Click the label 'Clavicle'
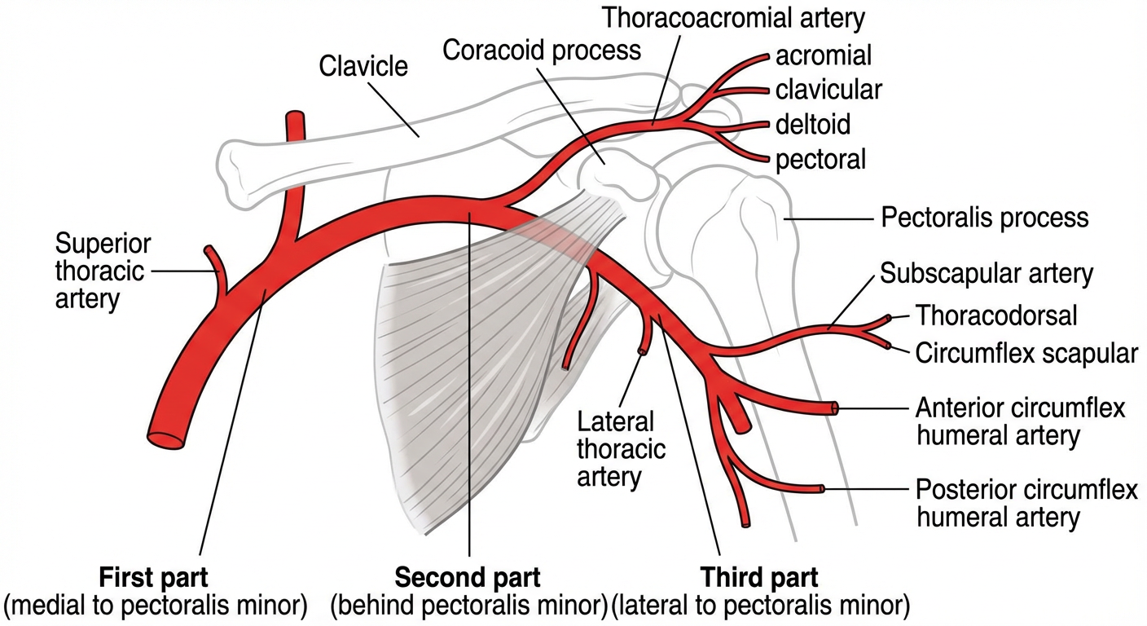coord(363,64)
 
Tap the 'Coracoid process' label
coord(542,50)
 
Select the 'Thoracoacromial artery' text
coord(733,15)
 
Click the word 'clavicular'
coord(828,89)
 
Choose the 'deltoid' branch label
coord(813,124)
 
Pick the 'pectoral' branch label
coord(820,159)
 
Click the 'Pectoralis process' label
coord(985,218)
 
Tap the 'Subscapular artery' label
coord(987,273)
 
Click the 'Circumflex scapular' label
coord(1026,353)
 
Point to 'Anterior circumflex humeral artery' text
coord(1021,421)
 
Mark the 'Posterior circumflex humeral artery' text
coord(1026,503)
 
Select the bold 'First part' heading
coord(153,578)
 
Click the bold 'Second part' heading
coord(468,578)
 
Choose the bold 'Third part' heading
coord(759,578)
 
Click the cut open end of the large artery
coord(166,438)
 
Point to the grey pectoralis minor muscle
coord(456,367)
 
